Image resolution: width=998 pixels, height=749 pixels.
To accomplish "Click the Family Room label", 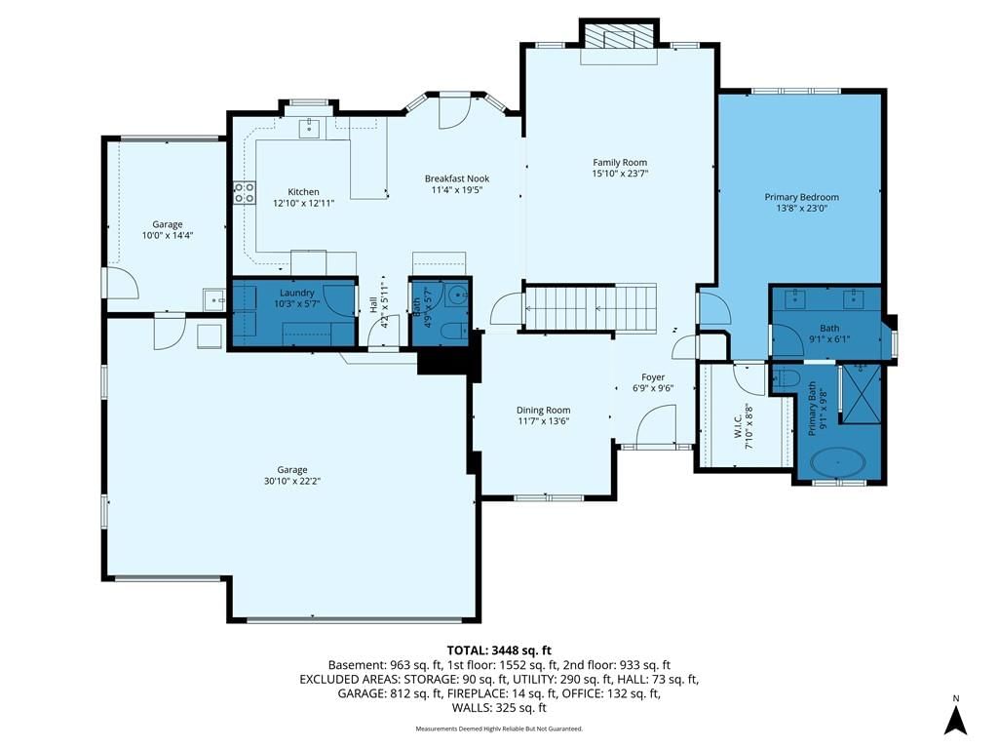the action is [620, 163].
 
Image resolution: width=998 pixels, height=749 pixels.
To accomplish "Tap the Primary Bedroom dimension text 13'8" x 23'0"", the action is [801, 209].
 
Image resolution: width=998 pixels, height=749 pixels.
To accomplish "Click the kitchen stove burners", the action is [245, 192].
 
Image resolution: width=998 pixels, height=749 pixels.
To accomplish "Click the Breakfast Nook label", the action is [457, 179].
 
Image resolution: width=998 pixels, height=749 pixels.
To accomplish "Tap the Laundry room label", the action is [297, 293].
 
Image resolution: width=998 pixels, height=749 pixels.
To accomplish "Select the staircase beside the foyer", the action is [590, 308].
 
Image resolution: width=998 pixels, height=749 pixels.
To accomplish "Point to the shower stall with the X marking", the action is [862, 393].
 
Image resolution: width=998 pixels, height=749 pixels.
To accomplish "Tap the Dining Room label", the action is [543, 411].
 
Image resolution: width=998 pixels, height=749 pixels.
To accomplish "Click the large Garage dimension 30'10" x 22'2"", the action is [292, 482].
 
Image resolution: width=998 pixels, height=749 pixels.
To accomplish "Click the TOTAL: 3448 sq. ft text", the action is [499, 650].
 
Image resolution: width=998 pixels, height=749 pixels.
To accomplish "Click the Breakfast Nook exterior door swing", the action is [454, 112].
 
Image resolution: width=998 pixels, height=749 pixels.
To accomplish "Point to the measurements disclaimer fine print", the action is [499, 729].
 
